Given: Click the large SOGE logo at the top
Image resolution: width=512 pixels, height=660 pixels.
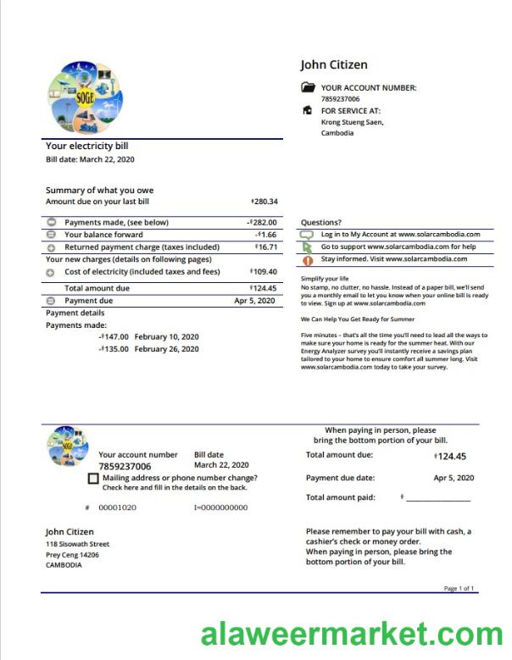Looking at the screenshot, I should (x=86, y=96).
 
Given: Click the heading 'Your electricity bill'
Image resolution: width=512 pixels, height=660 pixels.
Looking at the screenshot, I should (x=87, y=147).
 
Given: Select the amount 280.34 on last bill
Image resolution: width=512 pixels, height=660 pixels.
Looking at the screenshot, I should (x=265, y=202).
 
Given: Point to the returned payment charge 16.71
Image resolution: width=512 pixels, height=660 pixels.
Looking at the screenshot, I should (x=266, y=247).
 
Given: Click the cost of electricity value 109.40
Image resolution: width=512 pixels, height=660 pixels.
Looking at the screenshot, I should (x=264, y=272).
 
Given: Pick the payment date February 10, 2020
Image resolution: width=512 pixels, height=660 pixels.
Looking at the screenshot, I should (x=166, y=336).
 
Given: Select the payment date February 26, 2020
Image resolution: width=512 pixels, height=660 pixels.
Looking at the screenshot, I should (x=166, y=349).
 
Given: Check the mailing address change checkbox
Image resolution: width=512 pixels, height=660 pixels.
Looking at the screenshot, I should (x=92, y=479).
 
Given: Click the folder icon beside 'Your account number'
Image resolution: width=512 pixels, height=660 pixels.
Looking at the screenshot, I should (x=308, y=88).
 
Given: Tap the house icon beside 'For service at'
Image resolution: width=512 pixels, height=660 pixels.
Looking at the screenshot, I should (x=308, y=111).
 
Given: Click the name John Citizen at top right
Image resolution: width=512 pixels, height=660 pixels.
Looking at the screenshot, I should (x=334, y=65).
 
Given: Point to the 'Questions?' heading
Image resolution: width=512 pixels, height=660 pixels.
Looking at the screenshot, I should (x=321, y=223).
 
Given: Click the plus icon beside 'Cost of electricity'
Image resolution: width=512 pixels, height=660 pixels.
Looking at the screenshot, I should (x=51, y=272).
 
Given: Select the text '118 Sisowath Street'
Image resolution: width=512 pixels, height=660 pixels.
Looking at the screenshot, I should (x=77, y=544).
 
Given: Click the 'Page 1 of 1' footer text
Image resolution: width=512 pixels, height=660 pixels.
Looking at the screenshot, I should (x=459, y=588).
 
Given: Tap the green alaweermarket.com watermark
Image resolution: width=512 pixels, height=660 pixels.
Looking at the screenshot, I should (x=352, y=635).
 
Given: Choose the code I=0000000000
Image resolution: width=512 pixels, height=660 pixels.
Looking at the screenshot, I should (x=220, y=507).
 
